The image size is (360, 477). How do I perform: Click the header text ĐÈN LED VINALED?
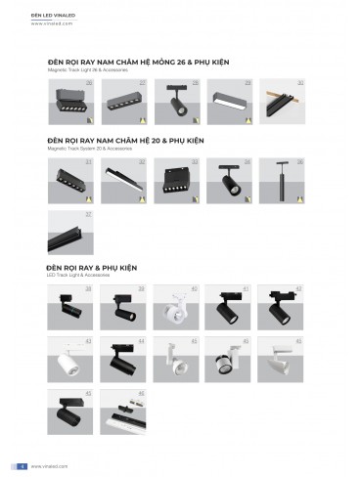point(50,18)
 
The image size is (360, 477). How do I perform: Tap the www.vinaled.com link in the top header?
point(50,24)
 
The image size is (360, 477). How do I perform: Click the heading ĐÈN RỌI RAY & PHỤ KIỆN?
point(94,267)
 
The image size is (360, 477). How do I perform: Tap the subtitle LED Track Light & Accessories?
point(77,275)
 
